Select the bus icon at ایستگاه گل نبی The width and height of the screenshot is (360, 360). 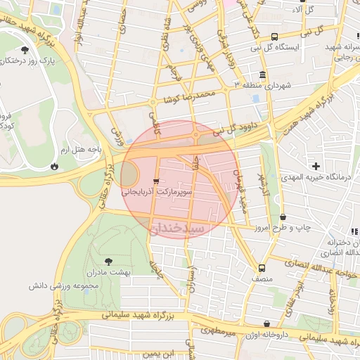[274, 37]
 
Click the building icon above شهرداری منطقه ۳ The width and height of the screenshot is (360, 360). [263, 75]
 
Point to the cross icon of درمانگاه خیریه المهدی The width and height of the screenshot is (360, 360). [316, 166]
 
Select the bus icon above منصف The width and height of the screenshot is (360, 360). [262, 268]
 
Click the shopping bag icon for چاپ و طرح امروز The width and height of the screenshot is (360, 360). [283, 217]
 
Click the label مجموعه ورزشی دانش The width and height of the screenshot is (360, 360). [62, 285]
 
